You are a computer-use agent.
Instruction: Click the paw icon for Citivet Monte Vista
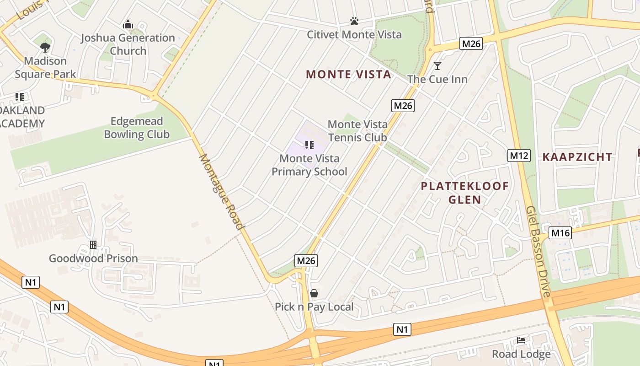(x=354, y=21)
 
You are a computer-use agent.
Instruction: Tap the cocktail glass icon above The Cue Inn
(x=437, y=66)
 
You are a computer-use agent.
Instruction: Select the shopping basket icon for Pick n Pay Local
(x=314, y=293)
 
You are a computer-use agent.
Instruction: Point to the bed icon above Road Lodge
(x=521, y=340)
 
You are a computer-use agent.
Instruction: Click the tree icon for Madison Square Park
(x=45, y=47)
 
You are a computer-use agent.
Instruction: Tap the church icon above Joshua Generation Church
(x=128, y=24)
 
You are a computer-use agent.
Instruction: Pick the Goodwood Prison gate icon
(x=93, y=245)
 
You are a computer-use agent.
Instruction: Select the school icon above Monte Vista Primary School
(x=309, y=145)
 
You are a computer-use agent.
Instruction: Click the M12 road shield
(x=519, y=156)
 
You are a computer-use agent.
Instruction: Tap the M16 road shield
(x=560, y=233)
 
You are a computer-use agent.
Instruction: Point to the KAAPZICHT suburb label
(x=577, y=157)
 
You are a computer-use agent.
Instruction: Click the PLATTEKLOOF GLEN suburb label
(x=464, y=193)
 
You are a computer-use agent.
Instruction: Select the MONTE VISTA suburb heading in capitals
(x=348, y=74)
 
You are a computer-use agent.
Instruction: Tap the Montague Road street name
(x=221, y=192)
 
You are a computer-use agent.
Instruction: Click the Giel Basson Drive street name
(x=539, y=251)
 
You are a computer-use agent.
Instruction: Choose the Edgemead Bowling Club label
(x=137, y=128)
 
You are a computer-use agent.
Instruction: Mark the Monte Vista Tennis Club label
(x=357, y=131)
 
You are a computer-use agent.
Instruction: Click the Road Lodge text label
(x=521, y=354)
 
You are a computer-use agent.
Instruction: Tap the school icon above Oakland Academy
(x=19, y=97)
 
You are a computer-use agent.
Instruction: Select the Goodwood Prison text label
(x=93, y=258)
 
